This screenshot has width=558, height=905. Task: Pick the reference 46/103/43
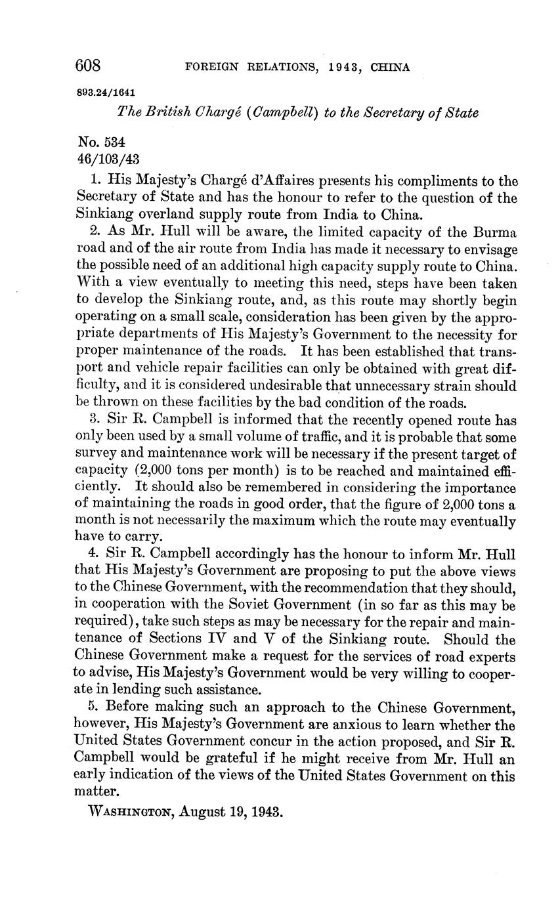click(x=108, y=159)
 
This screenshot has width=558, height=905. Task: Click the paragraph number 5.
click(x=91, y=707)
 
